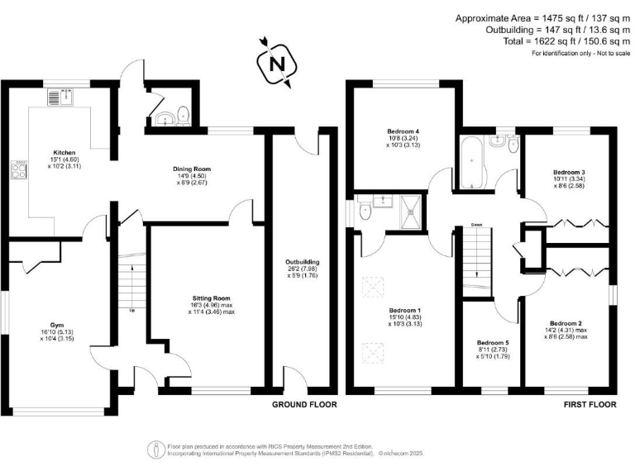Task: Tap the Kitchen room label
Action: point(64,153)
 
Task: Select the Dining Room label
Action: point(194,169)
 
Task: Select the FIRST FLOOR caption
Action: point(587,405)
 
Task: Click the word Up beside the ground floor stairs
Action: point(132,311)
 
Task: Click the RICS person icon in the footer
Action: point(155,449)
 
